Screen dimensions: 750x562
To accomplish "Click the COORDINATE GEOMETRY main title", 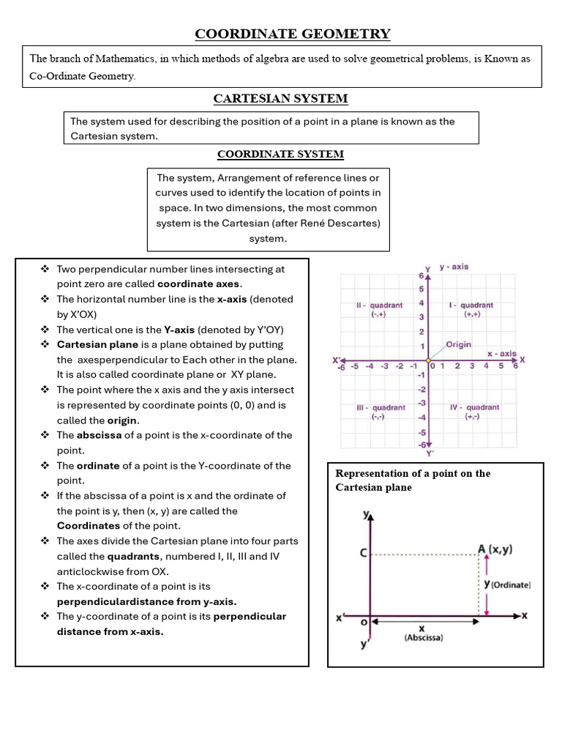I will tap(292, 34).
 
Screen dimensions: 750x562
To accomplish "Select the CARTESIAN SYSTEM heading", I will tap(280, 98).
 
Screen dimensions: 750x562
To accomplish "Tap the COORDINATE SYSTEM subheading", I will tap(280, 154).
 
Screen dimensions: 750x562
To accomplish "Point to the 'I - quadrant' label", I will tap(471, 305).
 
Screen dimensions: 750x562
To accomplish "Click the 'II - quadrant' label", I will tap(379, 305).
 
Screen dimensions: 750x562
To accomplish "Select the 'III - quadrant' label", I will tap(380, 407).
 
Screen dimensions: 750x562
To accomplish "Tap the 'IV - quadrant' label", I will tap(474, 407).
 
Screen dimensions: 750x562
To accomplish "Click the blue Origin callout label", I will tap(459, 344).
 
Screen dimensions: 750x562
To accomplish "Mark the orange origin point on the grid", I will tap(428, 360).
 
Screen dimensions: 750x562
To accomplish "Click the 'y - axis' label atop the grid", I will tap(454, 267).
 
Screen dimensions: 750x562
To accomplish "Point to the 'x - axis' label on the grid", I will tap(502, 353).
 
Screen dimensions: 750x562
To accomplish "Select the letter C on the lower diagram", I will tap(363, 554).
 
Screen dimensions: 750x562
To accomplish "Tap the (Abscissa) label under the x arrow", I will tap(423, 638).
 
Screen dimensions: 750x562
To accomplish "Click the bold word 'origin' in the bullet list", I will tap(123, 420).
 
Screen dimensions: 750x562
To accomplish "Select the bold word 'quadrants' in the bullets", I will tap(135, 556).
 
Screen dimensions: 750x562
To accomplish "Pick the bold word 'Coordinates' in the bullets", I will tap(89, 526).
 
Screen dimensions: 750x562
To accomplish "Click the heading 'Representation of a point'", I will tap(413, 473).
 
